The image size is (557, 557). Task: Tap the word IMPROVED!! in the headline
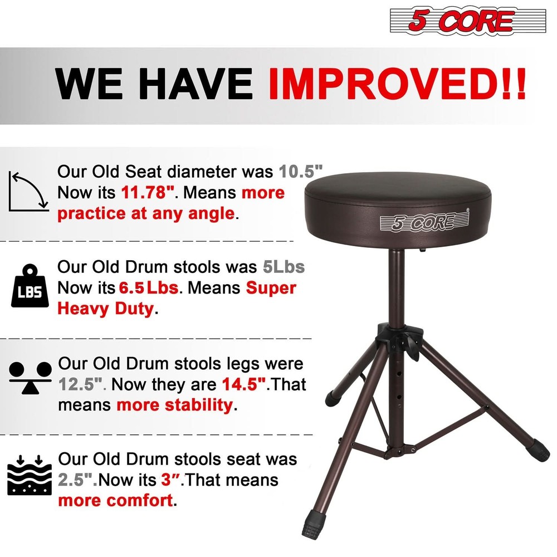(397, 85)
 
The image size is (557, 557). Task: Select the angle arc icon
(28, 192)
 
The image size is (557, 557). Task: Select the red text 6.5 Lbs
(148, 288)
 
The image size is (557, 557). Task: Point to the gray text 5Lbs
(284, 267)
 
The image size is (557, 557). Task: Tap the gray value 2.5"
(77, 480)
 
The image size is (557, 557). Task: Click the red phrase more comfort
(115, 500)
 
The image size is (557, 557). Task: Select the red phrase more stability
(174, 405)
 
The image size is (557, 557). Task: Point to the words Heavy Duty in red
(105, 309)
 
